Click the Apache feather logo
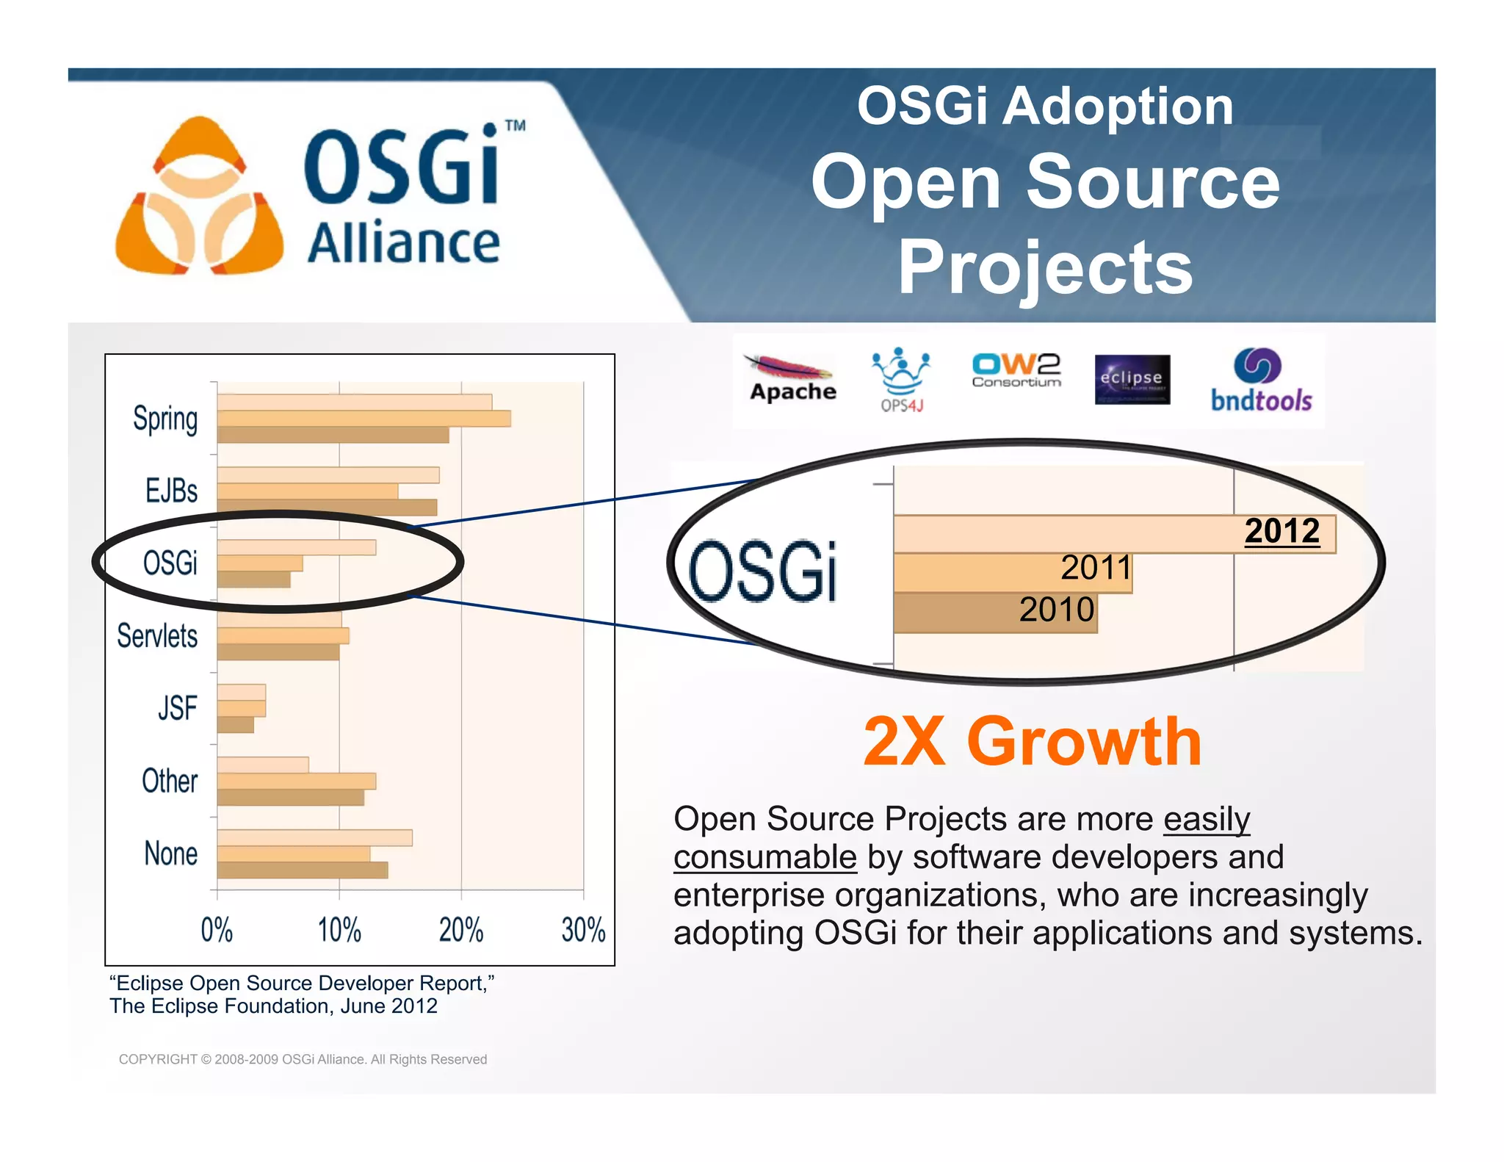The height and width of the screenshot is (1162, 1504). point(792,378)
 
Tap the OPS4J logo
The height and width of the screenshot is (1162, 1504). point(901,379)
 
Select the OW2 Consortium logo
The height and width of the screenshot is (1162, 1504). point(1016,370)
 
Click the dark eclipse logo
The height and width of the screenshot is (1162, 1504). point(1132,380)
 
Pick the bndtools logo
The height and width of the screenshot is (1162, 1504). point(1260,380)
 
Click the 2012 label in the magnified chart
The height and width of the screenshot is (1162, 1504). point(1281,531)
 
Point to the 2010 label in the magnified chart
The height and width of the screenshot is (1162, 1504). point(1056,610)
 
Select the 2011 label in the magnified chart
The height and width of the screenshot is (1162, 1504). point(1096,568)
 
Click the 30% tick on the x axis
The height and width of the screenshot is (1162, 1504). point(583,930)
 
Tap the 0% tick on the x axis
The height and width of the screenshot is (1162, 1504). point(217,930)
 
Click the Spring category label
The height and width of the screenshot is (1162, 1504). point(165,419)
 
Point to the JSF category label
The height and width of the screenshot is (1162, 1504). point(177,708)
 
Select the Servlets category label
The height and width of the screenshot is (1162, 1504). point(157,636)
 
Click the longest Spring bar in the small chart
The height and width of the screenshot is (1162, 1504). point(364,419)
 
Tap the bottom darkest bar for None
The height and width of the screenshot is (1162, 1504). point(302,870)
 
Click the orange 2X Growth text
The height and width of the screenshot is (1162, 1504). point(1032,742)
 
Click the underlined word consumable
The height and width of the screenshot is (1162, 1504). point(764,857)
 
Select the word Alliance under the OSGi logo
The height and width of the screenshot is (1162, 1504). point(403,243)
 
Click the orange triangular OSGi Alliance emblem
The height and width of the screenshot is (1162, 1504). point(199,198)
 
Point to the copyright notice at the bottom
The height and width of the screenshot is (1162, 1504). point(303,1059)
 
